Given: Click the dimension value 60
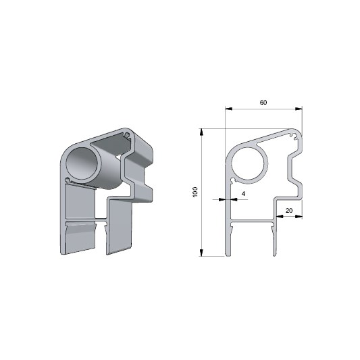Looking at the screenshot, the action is (263, 103).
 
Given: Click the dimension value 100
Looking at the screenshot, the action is (195, 192).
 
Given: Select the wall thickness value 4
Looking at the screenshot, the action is (243, 194).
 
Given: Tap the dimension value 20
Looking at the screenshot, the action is (289, 210).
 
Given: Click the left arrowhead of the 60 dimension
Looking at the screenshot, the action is (229, 109).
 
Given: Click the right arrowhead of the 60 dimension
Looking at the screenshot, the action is (299, 109).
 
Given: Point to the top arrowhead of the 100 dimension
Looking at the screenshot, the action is (201, 132).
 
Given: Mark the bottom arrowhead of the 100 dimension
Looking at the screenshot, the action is (201, 253).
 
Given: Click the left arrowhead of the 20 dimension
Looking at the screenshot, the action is (280, 216).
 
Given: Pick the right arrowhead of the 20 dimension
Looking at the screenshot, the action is (299, 216).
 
